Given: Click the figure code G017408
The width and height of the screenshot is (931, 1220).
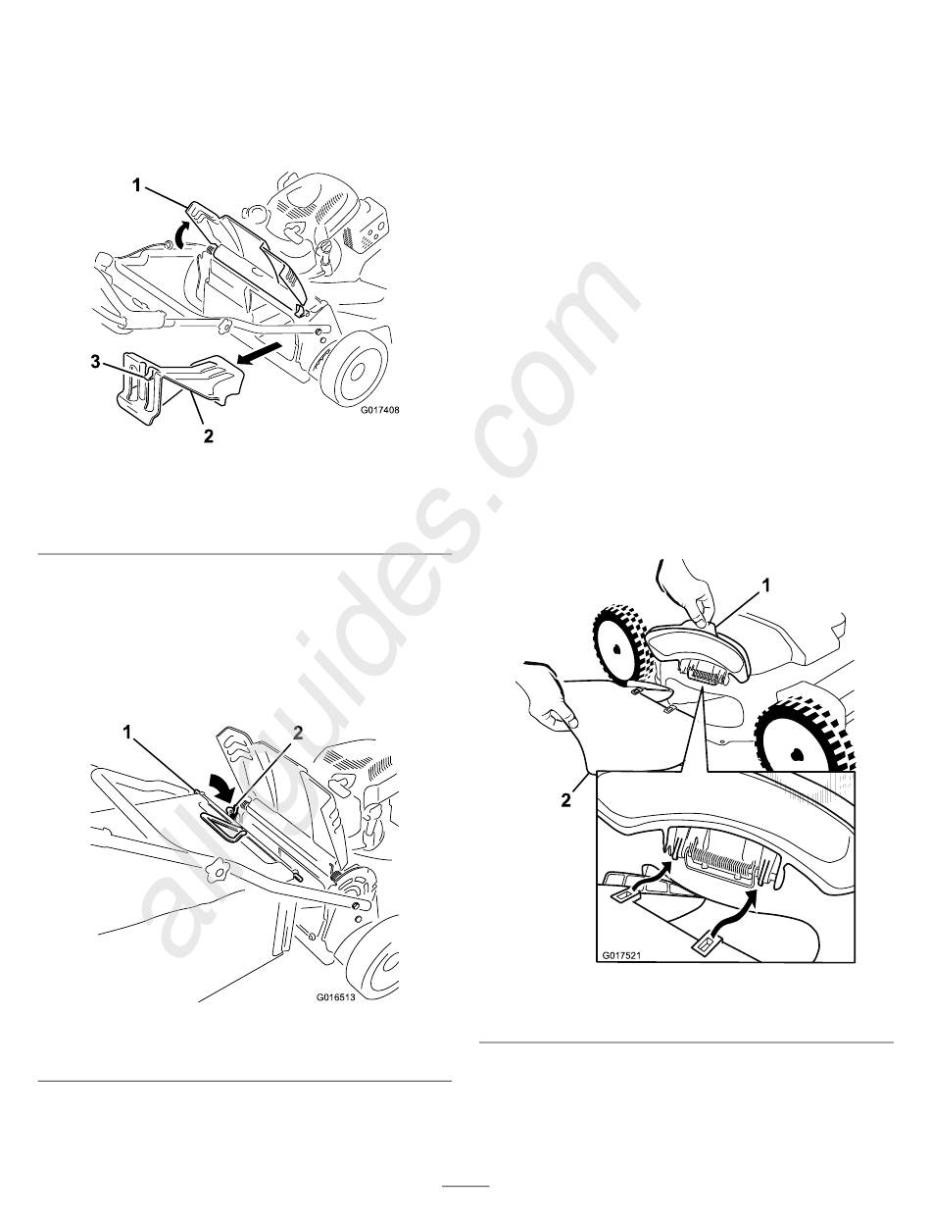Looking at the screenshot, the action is tap(379, 410).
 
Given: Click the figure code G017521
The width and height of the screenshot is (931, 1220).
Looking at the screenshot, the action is tap(622, 956).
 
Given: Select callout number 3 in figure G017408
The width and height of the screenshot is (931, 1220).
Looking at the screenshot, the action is tap(96, 363).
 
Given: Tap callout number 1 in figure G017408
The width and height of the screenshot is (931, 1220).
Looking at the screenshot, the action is tap(136, 185).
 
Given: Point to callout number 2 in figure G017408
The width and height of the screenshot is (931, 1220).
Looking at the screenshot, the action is tap(208, 436).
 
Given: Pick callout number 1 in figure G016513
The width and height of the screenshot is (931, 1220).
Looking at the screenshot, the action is tap(127, 734).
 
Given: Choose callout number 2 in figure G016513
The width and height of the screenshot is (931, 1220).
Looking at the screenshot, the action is tap(298, 734).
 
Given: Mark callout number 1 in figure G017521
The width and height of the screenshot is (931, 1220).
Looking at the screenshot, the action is tap(765, 585).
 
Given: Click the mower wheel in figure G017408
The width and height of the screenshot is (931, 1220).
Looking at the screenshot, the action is tap(354, 368).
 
